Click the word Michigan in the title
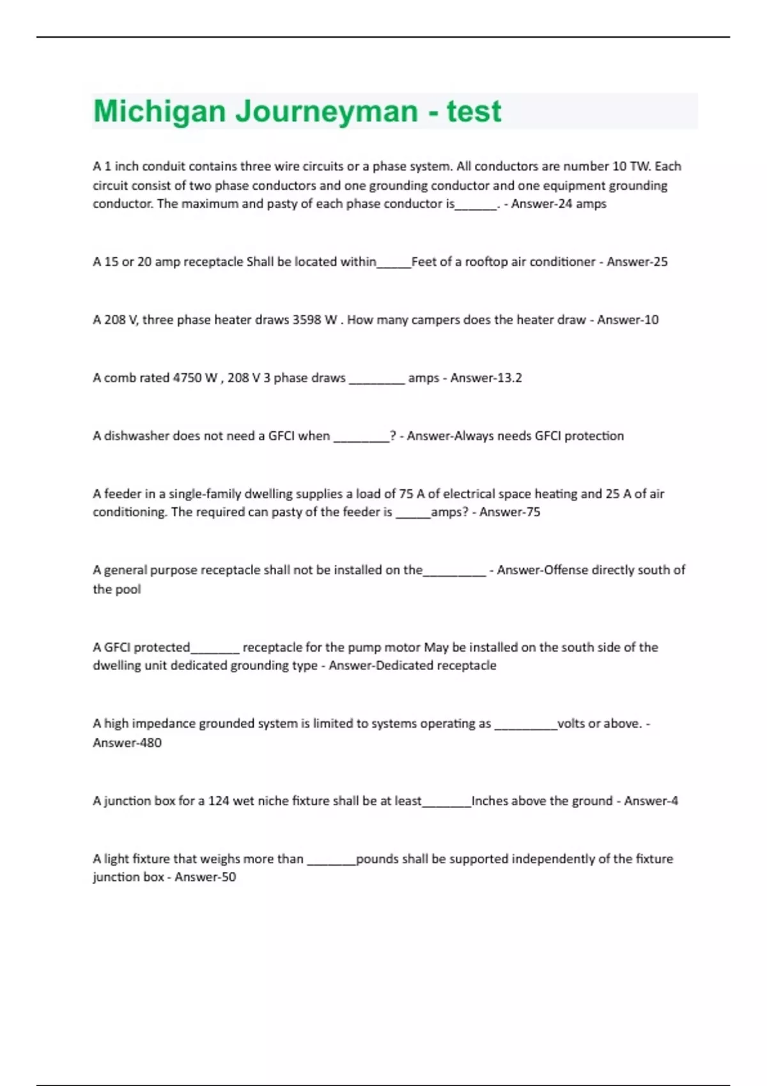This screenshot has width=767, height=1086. [x=159, y=112]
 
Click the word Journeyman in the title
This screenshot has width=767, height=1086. [x=327, y=112]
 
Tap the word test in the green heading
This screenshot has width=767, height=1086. [x=474, y=112]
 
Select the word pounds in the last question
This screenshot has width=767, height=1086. [x=377, y=859]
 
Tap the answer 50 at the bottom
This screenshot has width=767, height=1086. [x=228, y=876]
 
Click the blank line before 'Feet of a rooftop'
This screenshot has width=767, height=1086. [x=394, y=263]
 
